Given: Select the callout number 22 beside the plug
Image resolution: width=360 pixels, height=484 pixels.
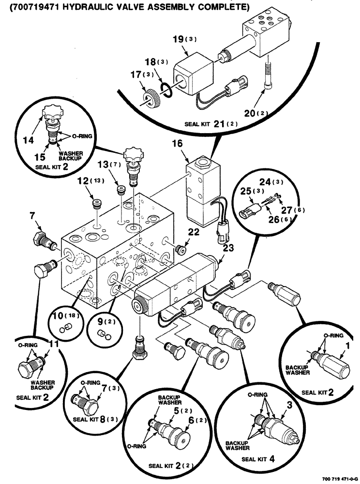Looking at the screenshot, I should pos(194,233).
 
